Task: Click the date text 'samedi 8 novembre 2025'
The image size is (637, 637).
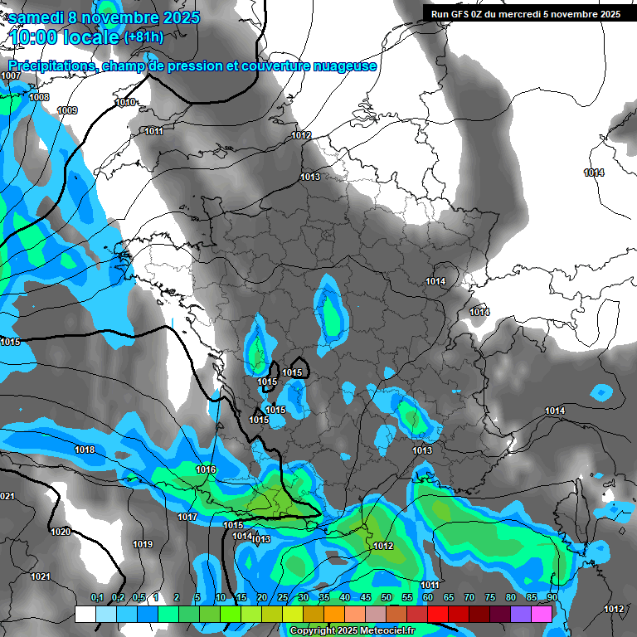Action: click(104, 17)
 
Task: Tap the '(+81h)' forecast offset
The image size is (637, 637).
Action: click(143, 36)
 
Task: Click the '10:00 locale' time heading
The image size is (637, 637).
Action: click(65, 37)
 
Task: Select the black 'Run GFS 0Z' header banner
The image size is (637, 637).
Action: click(526, 13)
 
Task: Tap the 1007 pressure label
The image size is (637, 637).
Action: click(11, 76)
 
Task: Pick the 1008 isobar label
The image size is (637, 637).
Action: click(38, 98)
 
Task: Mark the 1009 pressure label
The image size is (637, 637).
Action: click(67, 111)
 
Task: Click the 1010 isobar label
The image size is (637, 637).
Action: click(125, 103)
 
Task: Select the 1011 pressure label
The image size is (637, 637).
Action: click(153, 132)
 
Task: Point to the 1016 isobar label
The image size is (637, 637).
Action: click(206, 470)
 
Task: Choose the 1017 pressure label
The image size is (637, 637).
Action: click(187, 518)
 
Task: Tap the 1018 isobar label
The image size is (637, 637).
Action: click(85, 450)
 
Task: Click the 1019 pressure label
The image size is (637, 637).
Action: click(143, 545)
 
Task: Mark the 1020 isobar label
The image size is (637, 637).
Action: click(60, 532)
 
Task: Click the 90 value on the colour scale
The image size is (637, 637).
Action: click(552, 598)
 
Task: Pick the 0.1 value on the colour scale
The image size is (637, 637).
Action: click(96, 598)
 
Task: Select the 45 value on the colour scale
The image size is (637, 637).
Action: click(365, 598)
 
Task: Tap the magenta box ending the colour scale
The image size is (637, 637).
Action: click(542, 614)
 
